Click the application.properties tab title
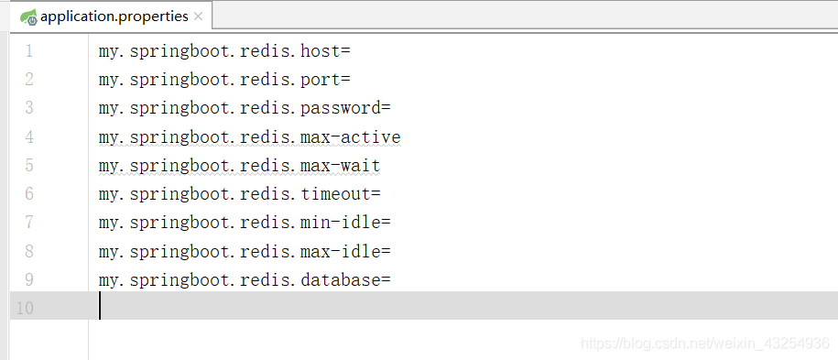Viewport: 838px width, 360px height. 114,16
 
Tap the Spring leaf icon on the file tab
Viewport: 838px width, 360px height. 28,16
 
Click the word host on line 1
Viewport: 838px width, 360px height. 320,50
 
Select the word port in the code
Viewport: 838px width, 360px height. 320,79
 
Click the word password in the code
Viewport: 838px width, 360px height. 340,108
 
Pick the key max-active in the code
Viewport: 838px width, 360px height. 350,137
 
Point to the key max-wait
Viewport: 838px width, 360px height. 340,166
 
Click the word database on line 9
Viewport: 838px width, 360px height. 340,279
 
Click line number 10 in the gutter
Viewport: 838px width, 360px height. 24,308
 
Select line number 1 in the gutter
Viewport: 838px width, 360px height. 28,50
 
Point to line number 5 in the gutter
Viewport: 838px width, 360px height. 28,166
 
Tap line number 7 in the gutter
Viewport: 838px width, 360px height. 28,223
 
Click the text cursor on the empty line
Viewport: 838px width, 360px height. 100,307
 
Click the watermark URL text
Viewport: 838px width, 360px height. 705,343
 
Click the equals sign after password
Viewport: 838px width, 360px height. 386,108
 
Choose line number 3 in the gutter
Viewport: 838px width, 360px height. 28,108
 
